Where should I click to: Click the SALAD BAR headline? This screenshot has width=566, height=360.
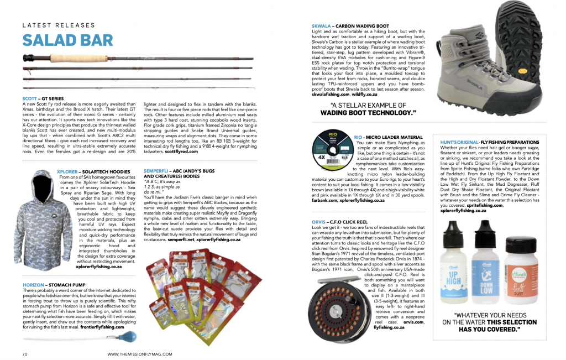pos(67,40)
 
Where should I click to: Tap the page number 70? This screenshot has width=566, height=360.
pos(25,353)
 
